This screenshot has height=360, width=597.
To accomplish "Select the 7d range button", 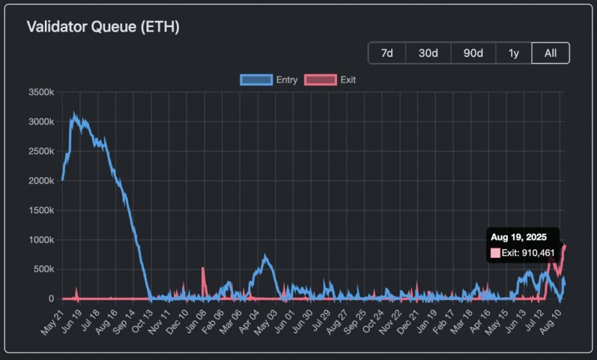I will (x=387, y=53).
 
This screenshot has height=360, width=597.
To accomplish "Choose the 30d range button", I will (x=428, y=53).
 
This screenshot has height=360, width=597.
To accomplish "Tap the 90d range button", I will (x=473, y=53).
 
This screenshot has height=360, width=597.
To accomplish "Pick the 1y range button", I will (x=514, y=53).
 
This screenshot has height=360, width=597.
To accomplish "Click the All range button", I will (x=550, y=53).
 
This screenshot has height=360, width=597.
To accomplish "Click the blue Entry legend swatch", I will (x=256, y=80).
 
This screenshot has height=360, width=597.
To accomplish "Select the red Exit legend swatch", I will (x=320, y=80).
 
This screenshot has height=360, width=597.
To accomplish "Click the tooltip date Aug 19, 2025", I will (x=518, y=237).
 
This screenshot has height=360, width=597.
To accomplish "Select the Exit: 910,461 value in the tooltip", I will (x=528, y=253).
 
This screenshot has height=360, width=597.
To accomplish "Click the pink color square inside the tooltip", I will (x=496, y=253).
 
